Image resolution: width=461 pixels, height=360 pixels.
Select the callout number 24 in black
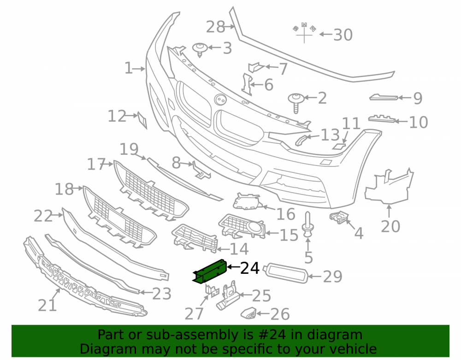[250, 268]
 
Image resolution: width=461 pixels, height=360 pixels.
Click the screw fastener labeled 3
[200, 50]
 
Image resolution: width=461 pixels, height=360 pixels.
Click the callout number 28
[215, 27]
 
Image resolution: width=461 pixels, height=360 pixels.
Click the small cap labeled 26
[248, 313]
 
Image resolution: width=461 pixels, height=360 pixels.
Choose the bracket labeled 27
[212, 290]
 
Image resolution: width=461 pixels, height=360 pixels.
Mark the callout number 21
[47, 305]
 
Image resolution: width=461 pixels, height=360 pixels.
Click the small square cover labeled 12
[142, 120]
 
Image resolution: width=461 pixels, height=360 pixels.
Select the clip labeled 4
[339, 217]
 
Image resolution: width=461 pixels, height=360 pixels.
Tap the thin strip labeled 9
[384, 97]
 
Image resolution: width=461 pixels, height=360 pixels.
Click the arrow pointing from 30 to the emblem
[326, 35]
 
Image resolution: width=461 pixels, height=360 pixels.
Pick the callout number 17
[96, 164]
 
